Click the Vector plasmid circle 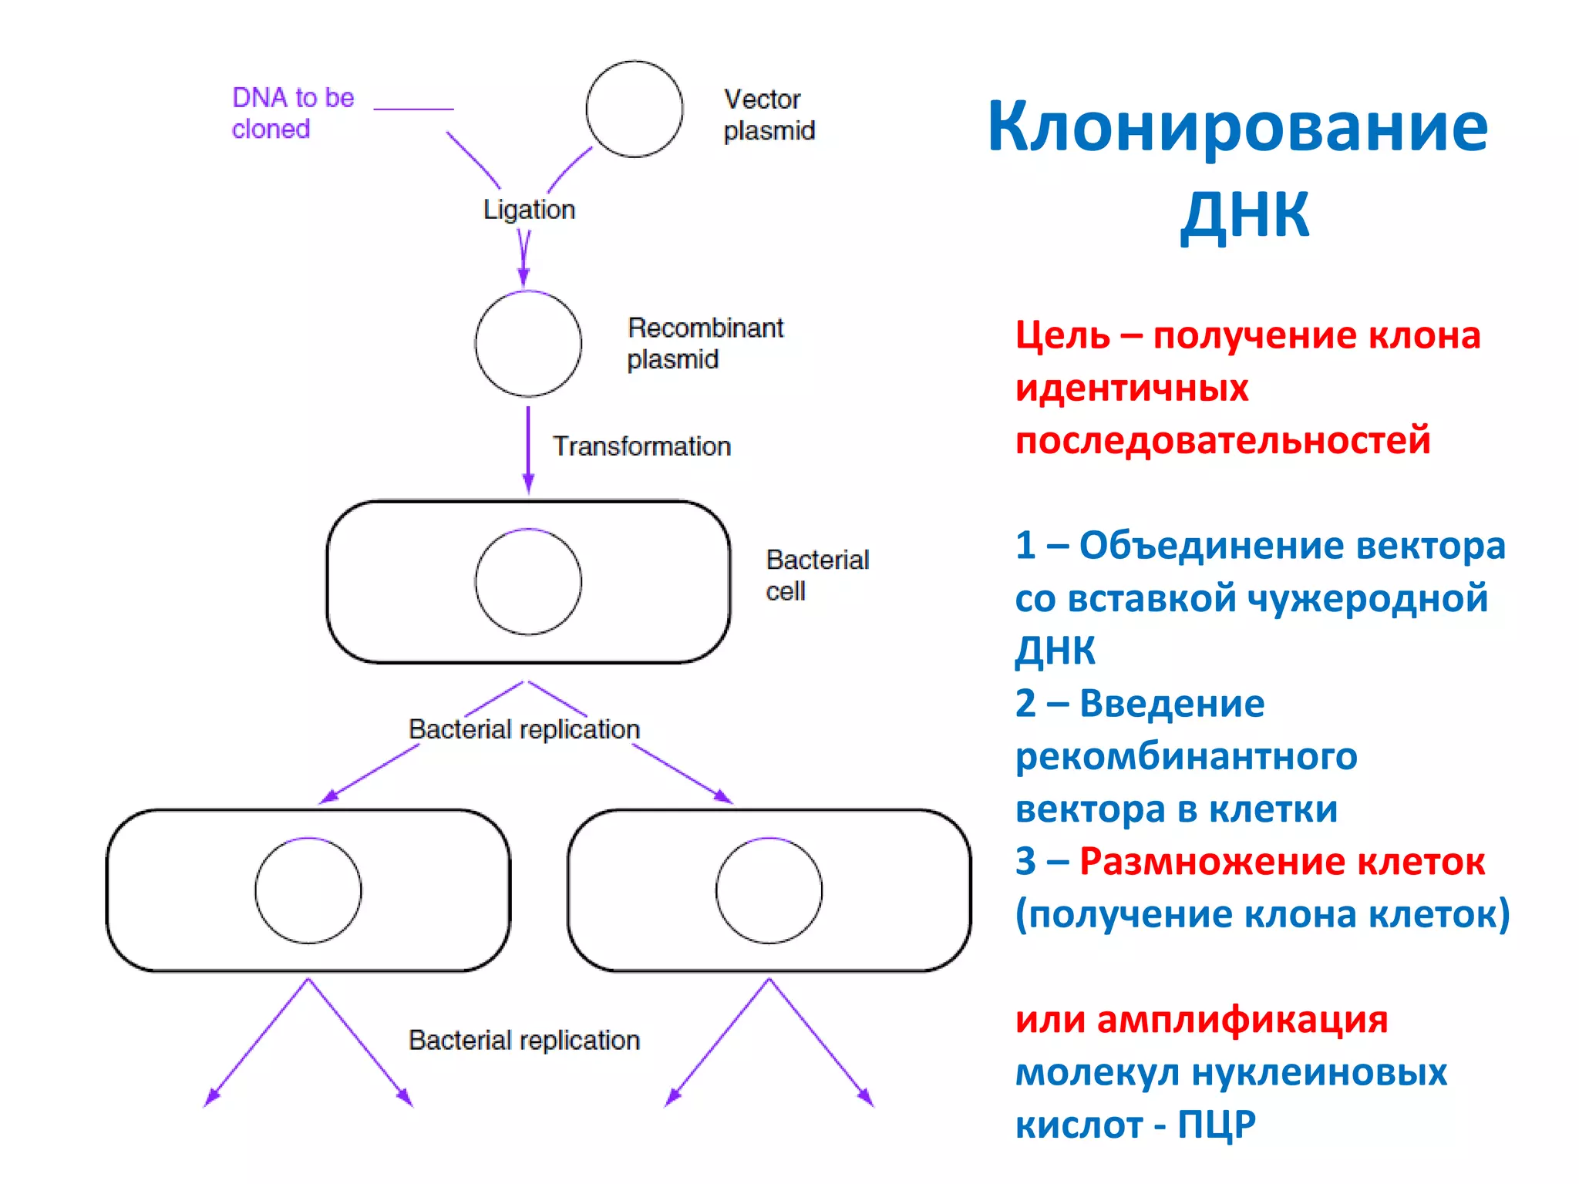[x=634, y=109]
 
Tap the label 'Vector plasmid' [x=769, y=115]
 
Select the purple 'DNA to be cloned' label [x=292, y=113]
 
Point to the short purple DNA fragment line [x=413, y=109]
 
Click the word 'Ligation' [x=529, y=210]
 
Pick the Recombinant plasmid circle [x=528, y=344]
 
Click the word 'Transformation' [x=641, y=446]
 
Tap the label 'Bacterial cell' [x=816, y=575]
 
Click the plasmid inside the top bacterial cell [x=528, y=582]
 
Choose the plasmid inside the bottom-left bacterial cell [x=308, y=890]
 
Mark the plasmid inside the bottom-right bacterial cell [x=769, y=890]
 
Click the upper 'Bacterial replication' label [x=524, y=729]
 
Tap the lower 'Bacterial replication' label [x=524, y=1041]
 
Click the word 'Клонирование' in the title [x=1237, y=127]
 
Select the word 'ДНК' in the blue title [x=1244, y=214]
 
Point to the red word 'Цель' [x=1062, y=336]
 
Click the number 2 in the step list [x=1025, y=703]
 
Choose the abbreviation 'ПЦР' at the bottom [x=1216, y=1125]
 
